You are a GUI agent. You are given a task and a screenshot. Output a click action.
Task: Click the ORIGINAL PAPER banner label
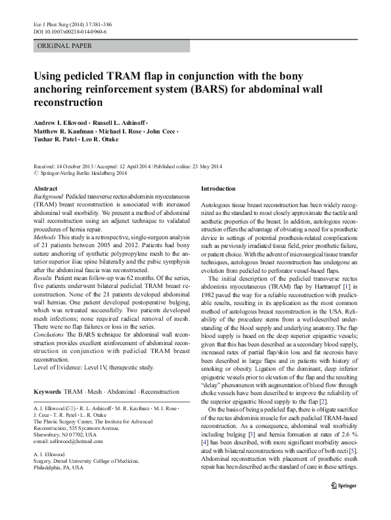pyautogui.click(x=64, y=46)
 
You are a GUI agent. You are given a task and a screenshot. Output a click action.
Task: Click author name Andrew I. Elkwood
pyautogui.click(x=61, y=123)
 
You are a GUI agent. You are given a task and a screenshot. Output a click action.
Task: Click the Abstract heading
pyautogui.click(x=45, y=189)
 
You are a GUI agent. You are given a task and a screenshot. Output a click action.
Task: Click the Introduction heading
pyautogui.click(x=218, y=189)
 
